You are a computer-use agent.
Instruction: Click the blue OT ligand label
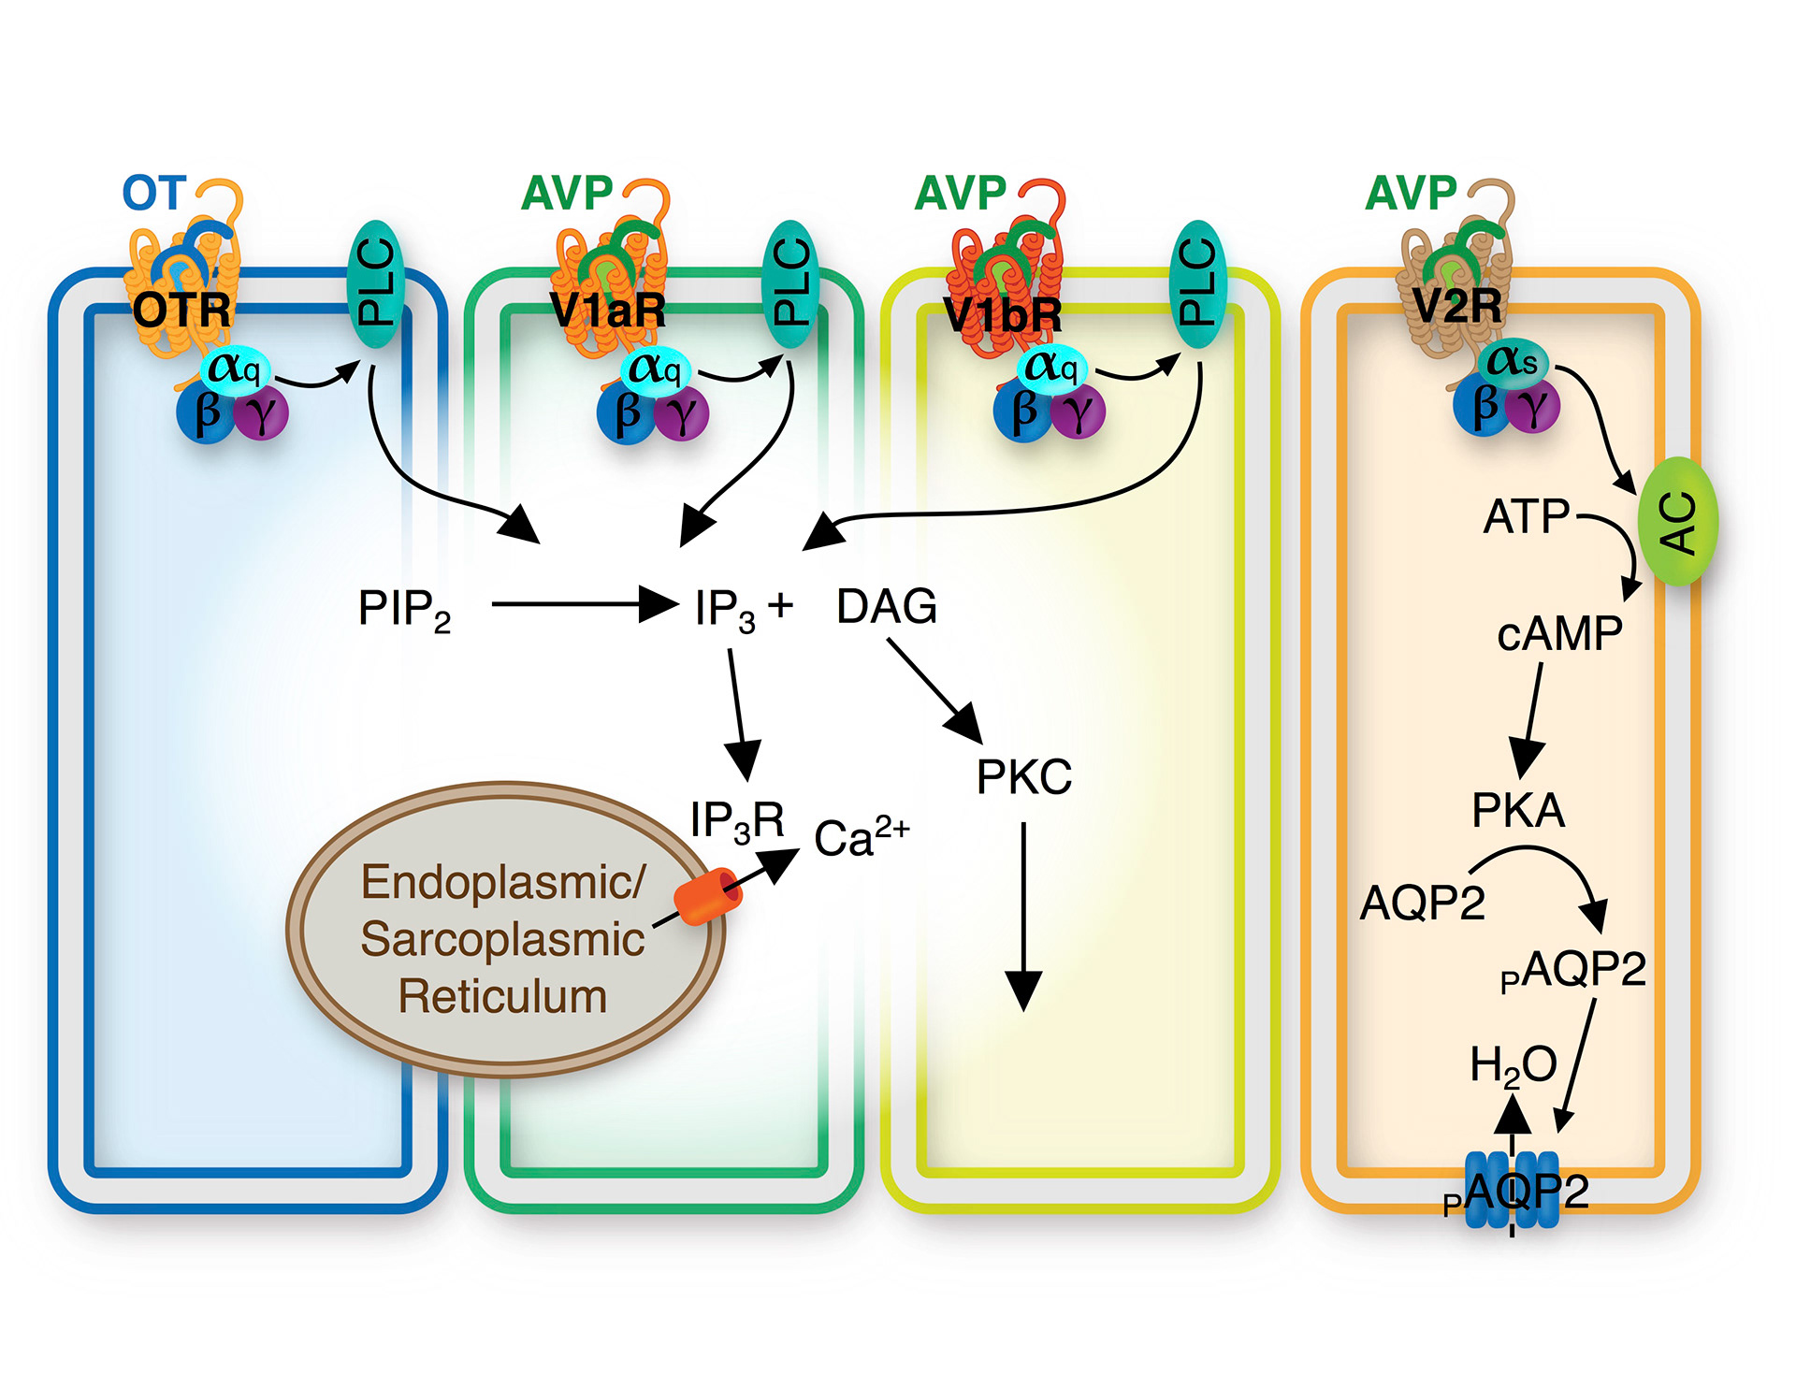coord(154,194)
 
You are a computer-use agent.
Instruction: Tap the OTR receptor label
coord(181,310)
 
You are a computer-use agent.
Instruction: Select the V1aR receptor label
coord(608,310)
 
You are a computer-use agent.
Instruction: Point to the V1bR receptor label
coord(1003,314)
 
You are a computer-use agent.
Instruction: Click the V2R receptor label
coord(1456,305)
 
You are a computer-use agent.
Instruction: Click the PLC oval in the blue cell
coord(376,283)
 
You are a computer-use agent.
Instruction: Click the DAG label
coord(886,607)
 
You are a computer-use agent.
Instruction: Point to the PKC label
coord(1023,777)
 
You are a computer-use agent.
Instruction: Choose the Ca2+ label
coord(860,838)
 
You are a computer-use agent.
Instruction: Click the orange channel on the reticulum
coord(708,896)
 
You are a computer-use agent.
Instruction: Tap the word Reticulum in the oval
coord(502,997)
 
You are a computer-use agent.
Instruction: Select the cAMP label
coord(1559,634)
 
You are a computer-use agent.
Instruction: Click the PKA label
coord(1518,810)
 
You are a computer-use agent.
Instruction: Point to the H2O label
coord(1513,1065)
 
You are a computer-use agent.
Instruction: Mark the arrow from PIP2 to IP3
coord(583,604)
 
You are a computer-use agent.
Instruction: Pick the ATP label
coord(1527,516)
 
